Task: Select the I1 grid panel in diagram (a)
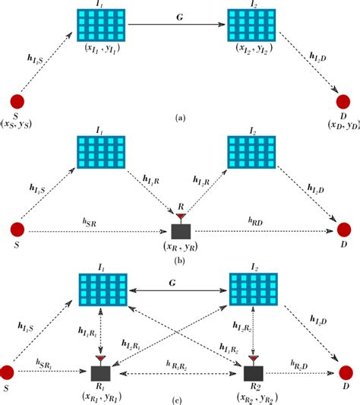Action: [103, 25]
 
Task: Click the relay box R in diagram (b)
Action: [182, 231]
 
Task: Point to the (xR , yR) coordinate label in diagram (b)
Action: [181, 247]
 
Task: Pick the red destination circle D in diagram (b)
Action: [344, 230]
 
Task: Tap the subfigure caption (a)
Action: [179, 118]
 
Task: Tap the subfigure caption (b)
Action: [179, 259]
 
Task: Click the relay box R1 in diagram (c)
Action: [101, 372]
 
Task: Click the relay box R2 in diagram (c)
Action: [253, 372]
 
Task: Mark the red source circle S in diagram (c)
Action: [9, 372]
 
